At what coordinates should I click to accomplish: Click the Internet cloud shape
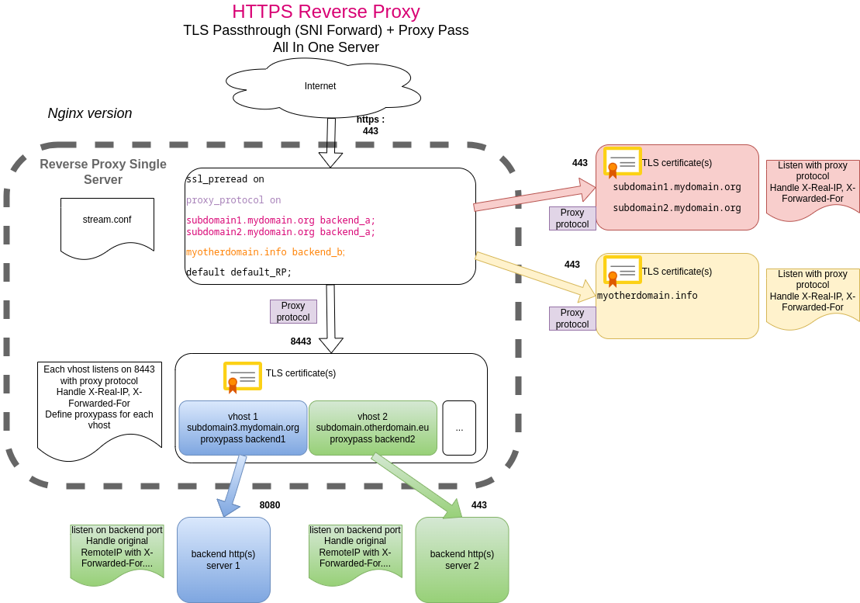tap(321, 87)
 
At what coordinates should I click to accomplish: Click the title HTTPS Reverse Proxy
tap(326, 12)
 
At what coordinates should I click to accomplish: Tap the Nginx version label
tap(90, 113)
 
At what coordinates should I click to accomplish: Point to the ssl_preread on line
tap(225, 179)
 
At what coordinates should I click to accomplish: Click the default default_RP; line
tap(239, 272)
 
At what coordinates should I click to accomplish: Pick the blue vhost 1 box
tap(243, 428)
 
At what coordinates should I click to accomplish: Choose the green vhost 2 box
tap(372, 428)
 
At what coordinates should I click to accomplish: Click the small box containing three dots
tap(459, 428)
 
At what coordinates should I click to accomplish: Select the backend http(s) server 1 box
tap(223, 560)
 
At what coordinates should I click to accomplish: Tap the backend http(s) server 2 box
tap(462, 560)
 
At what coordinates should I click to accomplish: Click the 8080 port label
tap(270, 505)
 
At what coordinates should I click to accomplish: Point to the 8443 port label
tap(301, 341)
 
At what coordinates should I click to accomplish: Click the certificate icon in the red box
tap(622, 162)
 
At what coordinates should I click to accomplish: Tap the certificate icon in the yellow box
tap(622, 271)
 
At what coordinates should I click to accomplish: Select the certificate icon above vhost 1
tap(242, 377)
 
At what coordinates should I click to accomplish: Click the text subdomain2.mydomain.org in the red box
tap(677, 208)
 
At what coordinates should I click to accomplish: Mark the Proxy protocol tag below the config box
tap(293, 311)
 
